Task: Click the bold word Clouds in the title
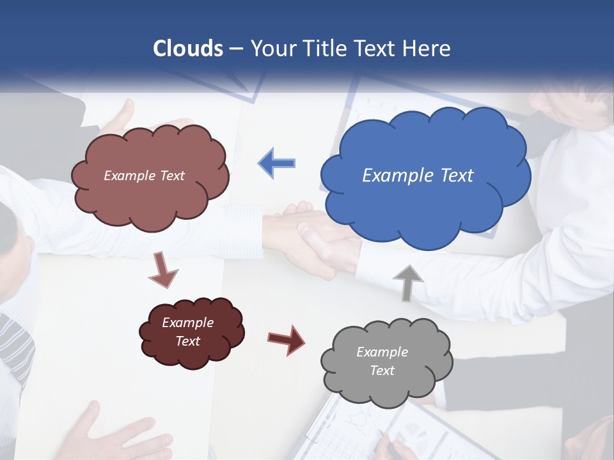click(188, 49)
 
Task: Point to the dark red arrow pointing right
click(286, 339)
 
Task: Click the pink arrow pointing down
click(163, 270)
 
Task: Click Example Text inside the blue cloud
click(418, 176)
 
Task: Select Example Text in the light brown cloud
click(144, 176)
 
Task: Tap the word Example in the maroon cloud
click(187, 323)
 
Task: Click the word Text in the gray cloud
click(382, 371)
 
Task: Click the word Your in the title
click(269, 49)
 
